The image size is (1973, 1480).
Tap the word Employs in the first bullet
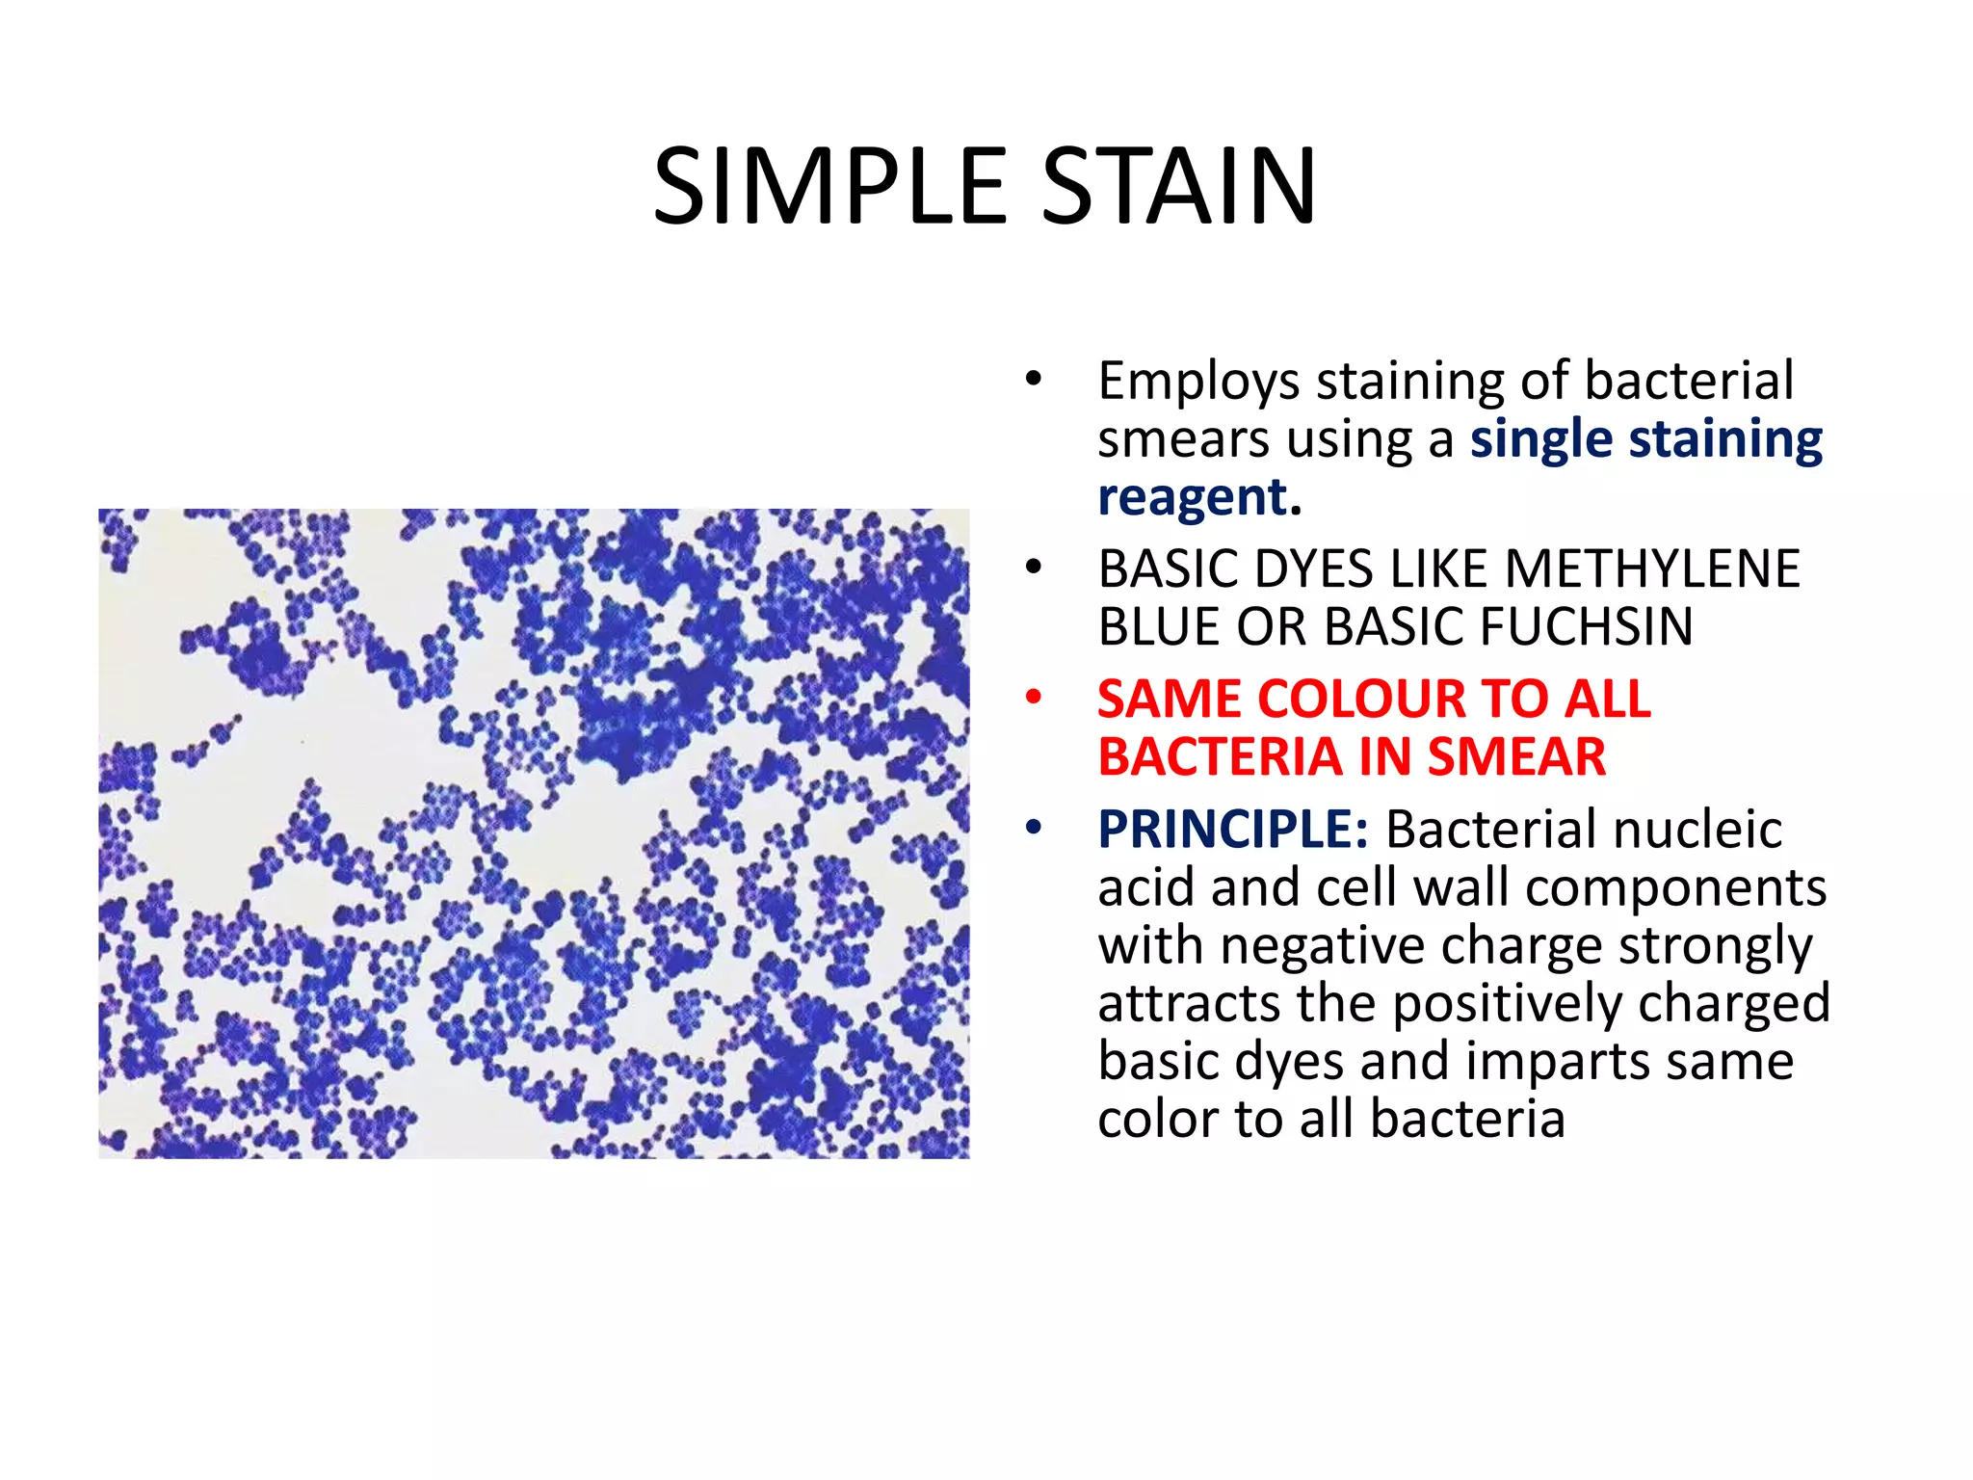point(1198,382)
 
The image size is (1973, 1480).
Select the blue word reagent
point(1193,498)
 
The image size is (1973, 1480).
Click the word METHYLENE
point(1651,568)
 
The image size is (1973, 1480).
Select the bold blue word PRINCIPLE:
point(1232,830)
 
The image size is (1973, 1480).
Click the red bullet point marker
point(1034,697)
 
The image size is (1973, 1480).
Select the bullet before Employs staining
point(1034,379)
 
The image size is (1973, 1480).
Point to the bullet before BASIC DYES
point(1034,567)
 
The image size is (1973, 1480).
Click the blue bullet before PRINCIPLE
point(1034,828)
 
